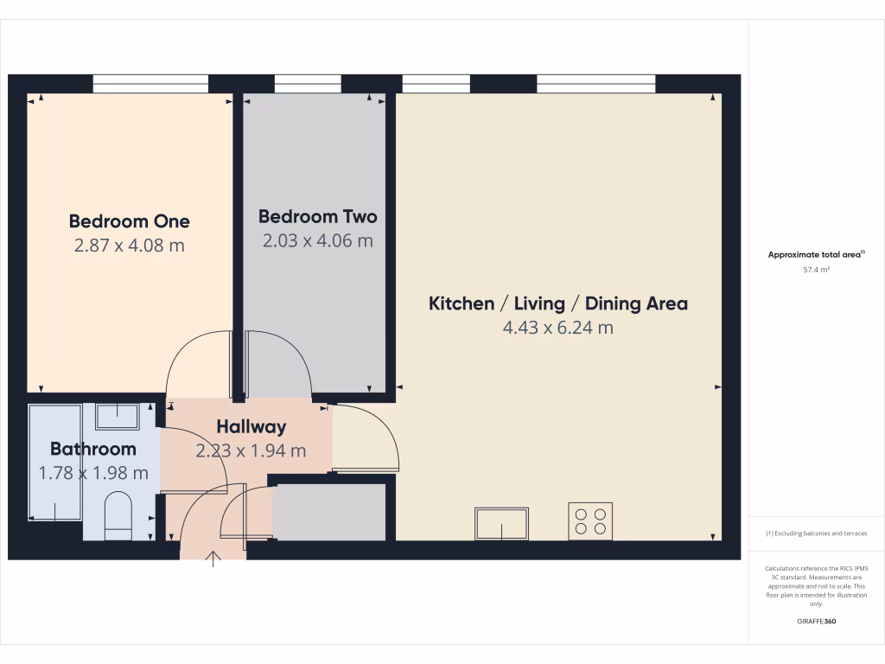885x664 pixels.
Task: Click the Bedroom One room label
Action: (129, 221)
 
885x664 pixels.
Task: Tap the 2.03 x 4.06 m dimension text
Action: (317, 241)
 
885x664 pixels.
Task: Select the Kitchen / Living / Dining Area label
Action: (558, 303)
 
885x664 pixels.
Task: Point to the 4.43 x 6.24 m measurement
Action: (558, 329)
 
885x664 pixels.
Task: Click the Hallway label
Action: (251, 426)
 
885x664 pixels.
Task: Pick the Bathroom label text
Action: (93, 449)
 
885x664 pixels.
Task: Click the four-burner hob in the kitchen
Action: (590, 521)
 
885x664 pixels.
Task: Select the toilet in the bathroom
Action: (118, 516)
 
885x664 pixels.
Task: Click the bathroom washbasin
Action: (117, 416)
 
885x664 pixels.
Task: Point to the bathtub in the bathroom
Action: (55, 463)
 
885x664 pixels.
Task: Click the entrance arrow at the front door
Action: (213, 560)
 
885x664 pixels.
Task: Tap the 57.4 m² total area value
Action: (816, 270)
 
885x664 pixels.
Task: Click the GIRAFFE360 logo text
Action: (816, 622)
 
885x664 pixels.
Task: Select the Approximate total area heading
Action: (816, 254)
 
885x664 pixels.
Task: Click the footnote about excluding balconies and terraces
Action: (816, 533)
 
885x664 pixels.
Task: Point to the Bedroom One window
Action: (150, 83)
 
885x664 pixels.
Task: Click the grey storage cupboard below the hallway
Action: (328, 513)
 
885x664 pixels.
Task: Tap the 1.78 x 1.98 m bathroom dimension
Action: (93, 473)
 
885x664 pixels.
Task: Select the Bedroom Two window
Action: (308, 83)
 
